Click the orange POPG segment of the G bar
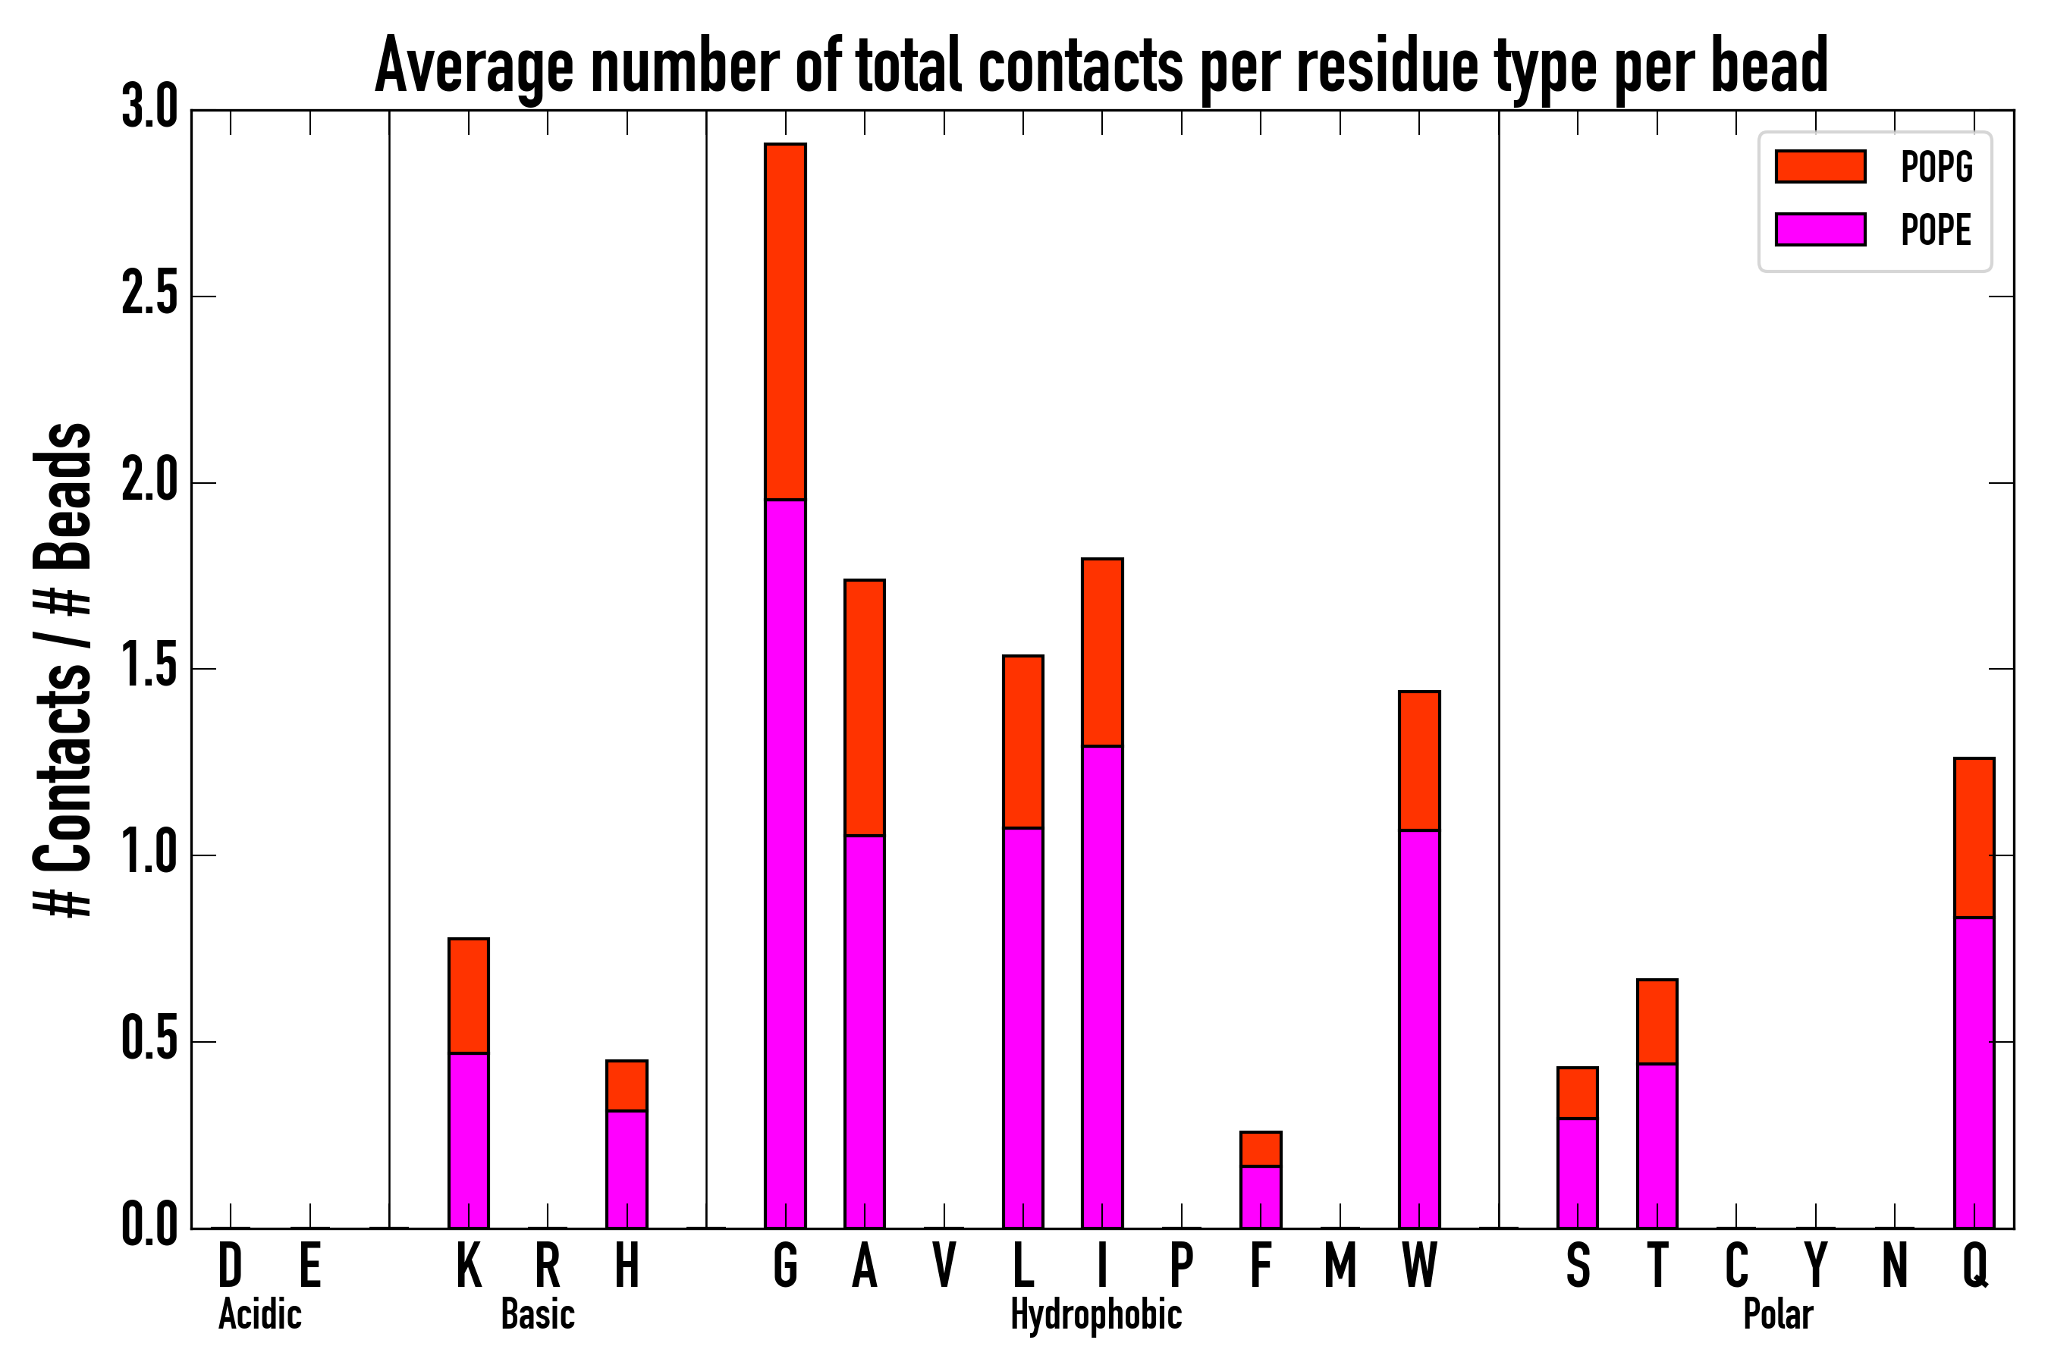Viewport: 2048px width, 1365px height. [x=784, y=322]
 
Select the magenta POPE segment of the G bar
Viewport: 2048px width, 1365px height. [x=784, y=861]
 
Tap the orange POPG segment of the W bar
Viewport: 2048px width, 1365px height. [x=1418, y=760]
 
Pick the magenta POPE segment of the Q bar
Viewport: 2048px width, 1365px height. [x=1974, y=1072]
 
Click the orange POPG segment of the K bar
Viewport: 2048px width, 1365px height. [x=469, y=995]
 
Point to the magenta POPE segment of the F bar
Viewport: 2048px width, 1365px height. [x=1260, y=1196]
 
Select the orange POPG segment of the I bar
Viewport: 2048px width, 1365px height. [x=1101, y=652]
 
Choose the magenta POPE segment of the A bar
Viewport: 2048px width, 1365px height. [x=864, y=1031]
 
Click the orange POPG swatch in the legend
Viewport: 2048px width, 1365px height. [x=1820, y=166]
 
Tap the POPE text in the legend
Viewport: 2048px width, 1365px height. [x=1936, y=230]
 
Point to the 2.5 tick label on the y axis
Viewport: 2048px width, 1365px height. [x=149, y=296]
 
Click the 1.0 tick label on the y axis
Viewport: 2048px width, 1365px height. [x=149, y=855]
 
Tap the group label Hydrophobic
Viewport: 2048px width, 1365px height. [x=1095, y=1314]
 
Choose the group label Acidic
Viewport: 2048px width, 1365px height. [x=259, y=1314]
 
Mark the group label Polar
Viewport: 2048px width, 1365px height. [x=1777, y=1314]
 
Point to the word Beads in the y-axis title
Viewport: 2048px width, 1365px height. [x=63, y=495]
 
